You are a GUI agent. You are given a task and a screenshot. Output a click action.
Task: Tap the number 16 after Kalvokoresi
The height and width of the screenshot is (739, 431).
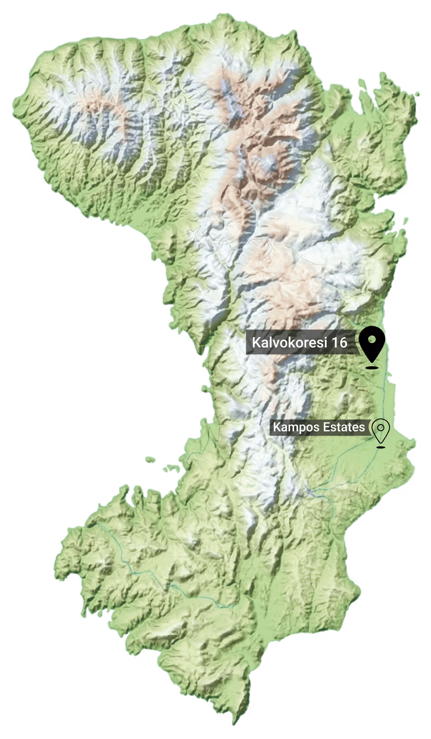339,343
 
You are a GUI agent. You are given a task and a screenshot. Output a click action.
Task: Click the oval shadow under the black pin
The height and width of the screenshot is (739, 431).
372,367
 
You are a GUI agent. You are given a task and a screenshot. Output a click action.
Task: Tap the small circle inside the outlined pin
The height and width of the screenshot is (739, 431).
381,427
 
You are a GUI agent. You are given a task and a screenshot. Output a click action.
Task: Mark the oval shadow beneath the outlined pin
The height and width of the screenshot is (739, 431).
381,447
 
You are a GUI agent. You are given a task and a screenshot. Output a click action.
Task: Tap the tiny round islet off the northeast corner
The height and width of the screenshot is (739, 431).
417,94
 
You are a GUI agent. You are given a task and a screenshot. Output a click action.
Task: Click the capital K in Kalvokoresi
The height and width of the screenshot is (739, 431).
255,343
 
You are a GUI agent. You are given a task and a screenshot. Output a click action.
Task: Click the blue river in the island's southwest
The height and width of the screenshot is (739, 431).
150,576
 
